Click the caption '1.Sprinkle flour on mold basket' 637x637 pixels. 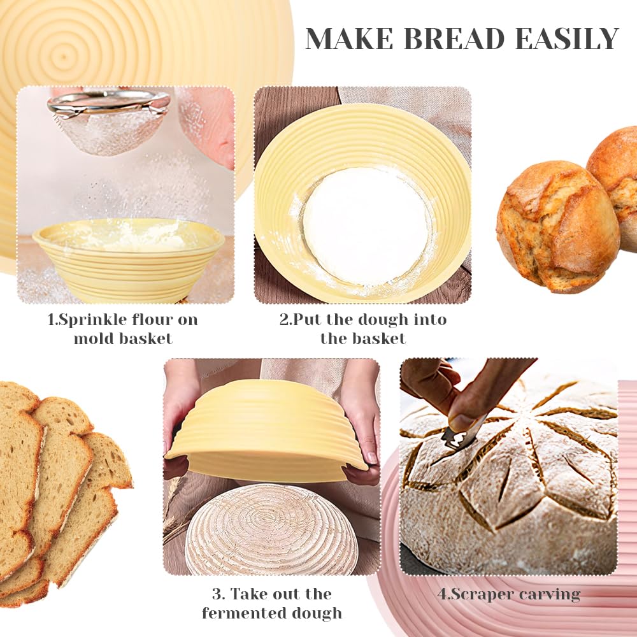tap(123, 329)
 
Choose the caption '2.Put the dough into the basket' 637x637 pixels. tap(363, 329)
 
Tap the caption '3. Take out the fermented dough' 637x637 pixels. tap(272, 604)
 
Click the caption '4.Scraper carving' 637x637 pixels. tap(509, 595)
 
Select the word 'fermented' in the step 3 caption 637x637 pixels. tap(241, 613)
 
